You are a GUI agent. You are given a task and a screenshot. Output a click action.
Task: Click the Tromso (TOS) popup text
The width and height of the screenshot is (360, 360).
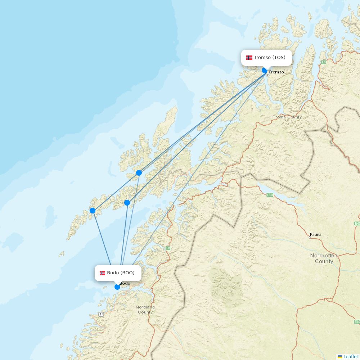click(x=270, y=58)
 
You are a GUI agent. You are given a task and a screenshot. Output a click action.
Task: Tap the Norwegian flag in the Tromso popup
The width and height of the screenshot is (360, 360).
click(x=249, y=58)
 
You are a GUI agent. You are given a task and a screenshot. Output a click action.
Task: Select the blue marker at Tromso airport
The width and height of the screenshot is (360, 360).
click(x=265, y=70)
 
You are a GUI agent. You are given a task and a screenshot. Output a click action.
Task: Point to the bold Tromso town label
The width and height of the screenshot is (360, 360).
click(x=276, y=72)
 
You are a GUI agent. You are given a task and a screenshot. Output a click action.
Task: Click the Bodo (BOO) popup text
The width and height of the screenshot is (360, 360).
click(x=121, y=273)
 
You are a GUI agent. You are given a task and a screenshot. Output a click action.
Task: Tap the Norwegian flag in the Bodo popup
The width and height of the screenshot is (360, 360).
click(x=103, y=273)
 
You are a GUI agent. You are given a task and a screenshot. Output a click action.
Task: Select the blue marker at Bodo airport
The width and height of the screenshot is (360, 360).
click(x=117, y=287)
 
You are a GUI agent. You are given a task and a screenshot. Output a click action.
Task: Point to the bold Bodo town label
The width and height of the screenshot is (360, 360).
click(x=125, y=283)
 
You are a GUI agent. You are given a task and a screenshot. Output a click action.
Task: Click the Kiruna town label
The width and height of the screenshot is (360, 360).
click(x=315, y=234)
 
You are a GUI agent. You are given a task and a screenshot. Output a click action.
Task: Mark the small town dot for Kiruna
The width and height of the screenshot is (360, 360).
click(x=310, y=237)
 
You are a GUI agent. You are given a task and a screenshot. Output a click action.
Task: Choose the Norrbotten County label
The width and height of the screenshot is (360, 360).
click(x=324, y=258)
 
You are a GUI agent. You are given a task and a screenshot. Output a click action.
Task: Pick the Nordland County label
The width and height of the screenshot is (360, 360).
click(x=145, y=310)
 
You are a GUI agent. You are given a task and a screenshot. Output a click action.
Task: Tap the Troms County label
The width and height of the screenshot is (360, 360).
click(x=287, y=117)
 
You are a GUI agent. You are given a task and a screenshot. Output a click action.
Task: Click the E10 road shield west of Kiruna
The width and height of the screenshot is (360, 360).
click(x=270, y=195)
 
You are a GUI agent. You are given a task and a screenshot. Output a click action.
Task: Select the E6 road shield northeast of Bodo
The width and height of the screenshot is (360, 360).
click(x=168, y=248)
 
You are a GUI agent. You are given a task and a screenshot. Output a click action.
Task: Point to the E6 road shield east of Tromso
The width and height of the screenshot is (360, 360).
click(x=323, y=62)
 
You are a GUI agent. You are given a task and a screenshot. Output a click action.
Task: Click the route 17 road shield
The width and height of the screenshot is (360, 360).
click(x=101, y=314)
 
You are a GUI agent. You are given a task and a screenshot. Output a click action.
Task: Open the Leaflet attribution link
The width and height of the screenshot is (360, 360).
click(x=351, y=356)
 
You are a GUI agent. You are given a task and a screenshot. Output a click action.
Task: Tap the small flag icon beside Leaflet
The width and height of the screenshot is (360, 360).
click(x=340, y=356)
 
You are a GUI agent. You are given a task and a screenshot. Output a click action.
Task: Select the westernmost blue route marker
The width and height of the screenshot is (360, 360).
click(x=93, y=211)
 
